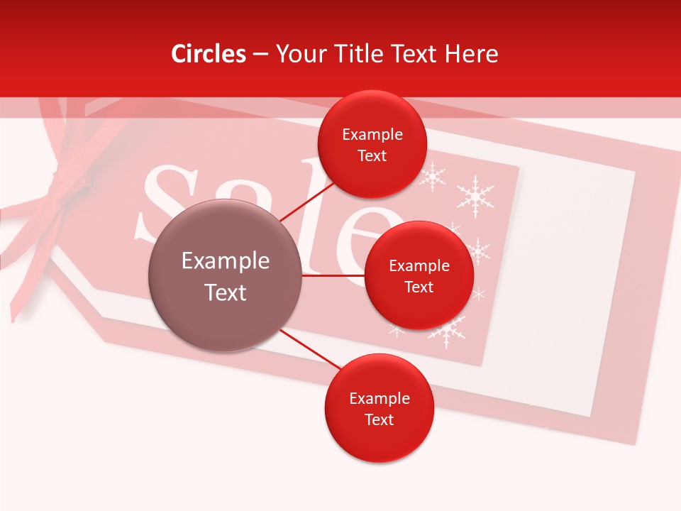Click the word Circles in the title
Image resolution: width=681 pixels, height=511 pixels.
point(209,54)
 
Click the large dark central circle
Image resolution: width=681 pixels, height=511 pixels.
point(225,275)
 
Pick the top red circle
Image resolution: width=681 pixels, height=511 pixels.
point(372,144)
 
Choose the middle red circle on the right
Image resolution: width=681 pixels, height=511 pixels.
point(419,275)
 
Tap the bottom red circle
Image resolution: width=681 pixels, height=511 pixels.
point(379,408)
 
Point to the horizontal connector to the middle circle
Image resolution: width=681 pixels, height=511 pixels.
point(333,275)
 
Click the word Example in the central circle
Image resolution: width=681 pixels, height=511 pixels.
point(225,261)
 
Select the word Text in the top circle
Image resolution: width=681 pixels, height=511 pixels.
point(372,156)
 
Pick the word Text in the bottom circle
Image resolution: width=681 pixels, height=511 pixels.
point(379,420)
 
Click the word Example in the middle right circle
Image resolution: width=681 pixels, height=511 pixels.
point(419,266)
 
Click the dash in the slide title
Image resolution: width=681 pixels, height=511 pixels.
point(260,55)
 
